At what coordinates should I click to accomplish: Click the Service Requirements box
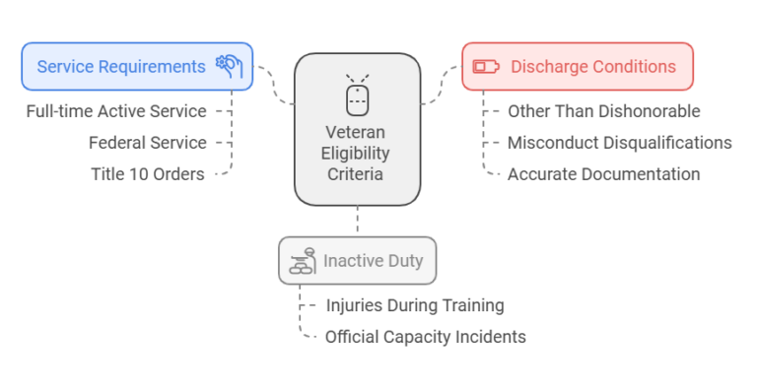(136, 67)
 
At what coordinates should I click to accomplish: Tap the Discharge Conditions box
(578, 67)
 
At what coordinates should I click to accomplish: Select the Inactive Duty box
(357, 261)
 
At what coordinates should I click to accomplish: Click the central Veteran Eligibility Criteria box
(357, 129)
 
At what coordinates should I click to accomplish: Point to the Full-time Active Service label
(116, 111)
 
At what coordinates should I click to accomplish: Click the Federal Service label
(148, 143)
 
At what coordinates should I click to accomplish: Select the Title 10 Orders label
(148, 174)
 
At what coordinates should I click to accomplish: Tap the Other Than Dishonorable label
(603, 111)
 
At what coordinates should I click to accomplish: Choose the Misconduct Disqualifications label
(619, 143)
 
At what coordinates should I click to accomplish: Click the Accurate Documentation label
(603, 174)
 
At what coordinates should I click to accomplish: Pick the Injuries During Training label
(414, 305)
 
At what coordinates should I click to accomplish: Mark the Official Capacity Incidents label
(425, 337)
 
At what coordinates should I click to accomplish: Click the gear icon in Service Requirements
(229, 66)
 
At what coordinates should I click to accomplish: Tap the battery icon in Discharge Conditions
(486, 67)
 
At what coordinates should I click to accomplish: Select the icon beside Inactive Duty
(302, 261)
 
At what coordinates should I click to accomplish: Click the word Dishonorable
(652, 111)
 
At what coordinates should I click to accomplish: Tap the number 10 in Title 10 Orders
(136, 174)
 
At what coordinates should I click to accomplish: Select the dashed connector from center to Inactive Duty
(357, 221)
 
